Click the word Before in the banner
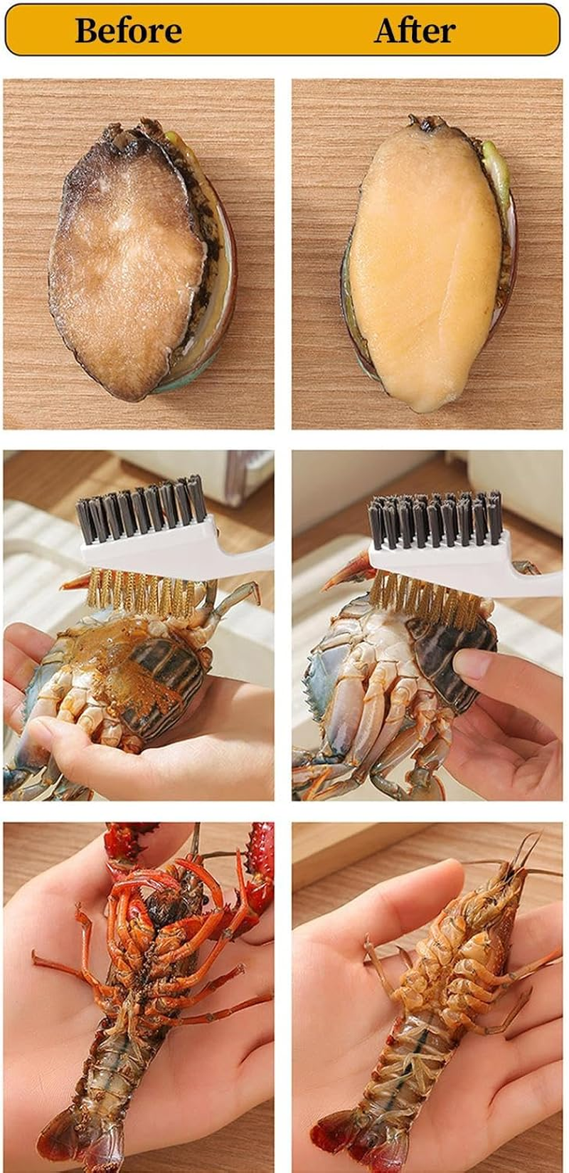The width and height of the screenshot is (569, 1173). [128, 31]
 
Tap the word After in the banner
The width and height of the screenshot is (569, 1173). [415, 31]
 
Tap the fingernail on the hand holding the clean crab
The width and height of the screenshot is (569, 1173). [471, 663]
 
